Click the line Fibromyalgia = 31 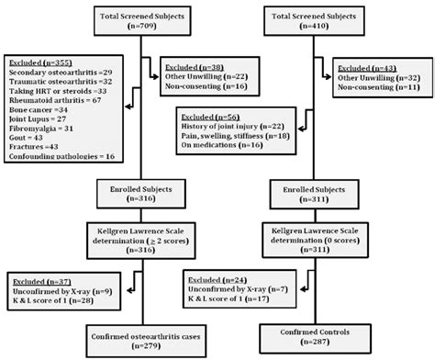point(42,137)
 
